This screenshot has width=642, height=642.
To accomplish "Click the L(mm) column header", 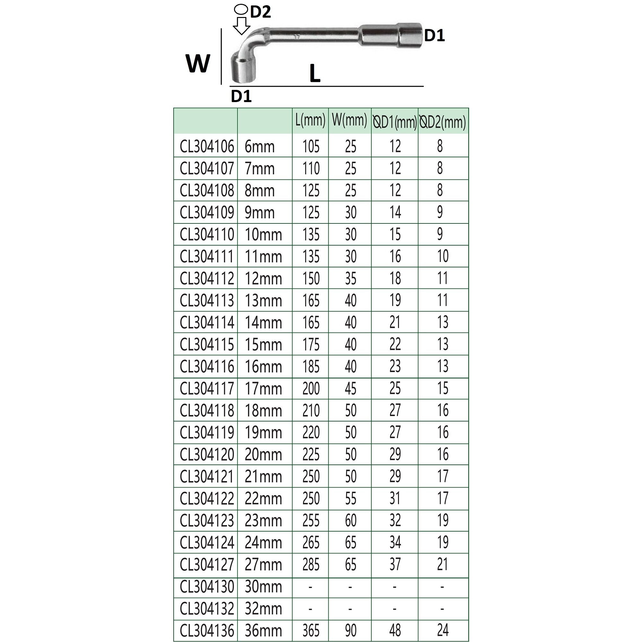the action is coord(310,121).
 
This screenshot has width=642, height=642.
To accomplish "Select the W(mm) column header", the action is coord(349,121).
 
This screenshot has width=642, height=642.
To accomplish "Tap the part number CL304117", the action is coord(207,389).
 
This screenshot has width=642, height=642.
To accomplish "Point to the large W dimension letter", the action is coord(198,64).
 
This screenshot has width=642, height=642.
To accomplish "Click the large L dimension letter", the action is coord(315,74).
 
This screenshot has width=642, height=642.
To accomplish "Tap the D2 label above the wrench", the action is coord(261,12).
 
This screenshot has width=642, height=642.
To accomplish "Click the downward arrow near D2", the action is coord(241,26).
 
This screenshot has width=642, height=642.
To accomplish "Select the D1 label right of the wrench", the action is coord(435,36).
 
